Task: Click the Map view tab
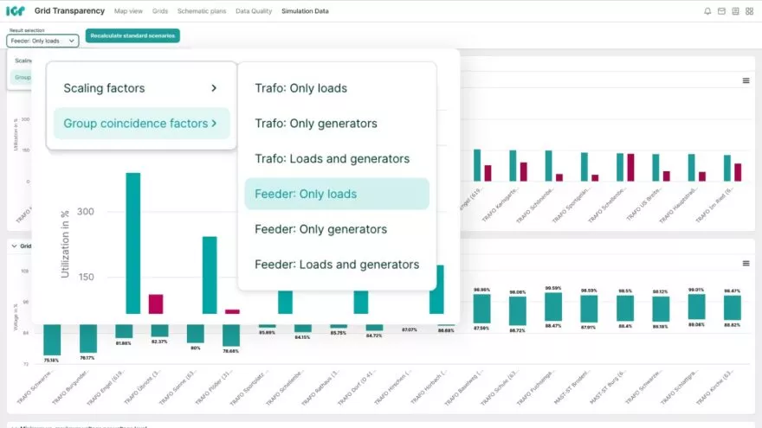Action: coord(128,11)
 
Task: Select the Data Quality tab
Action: coord(254,11)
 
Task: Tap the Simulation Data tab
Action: coord(305,11)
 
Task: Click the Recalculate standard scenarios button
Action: coord(132,35)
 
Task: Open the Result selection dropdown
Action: coord(42,41)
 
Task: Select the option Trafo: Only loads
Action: coord(300,88)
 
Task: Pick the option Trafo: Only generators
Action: coord(315,124)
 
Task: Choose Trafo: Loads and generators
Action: coord(332,159)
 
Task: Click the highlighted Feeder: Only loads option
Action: coord(336,195)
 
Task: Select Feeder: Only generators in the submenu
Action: coord(320,229)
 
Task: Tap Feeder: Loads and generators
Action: coord(336,265)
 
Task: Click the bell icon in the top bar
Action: coord(707,11)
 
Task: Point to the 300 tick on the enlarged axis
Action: coord(85,212)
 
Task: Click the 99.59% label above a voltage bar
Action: coord(553,288)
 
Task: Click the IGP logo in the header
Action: coord(16,11)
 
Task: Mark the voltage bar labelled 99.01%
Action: coord(695,307)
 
